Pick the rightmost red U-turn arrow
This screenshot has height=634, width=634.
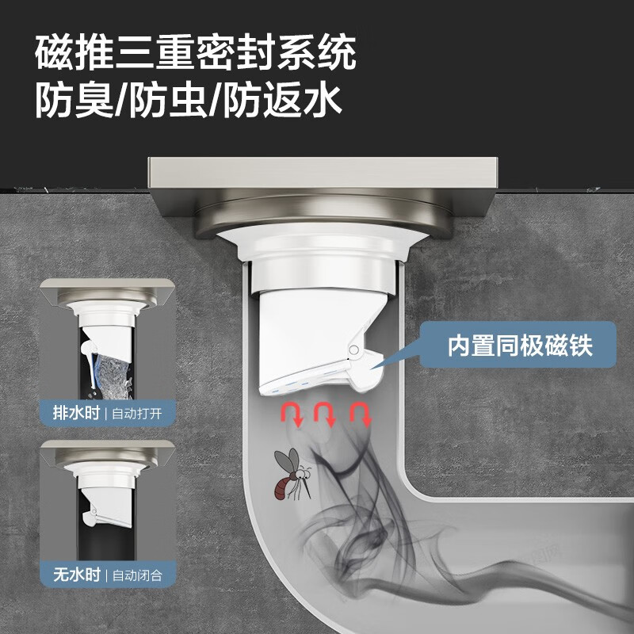point(361,414)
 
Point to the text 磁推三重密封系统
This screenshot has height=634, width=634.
point(196,54)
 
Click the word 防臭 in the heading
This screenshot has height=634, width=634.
point(74,101)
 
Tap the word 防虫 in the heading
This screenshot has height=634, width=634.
point(169,101)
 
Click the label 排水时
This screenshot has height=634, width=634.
point(70,414)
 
